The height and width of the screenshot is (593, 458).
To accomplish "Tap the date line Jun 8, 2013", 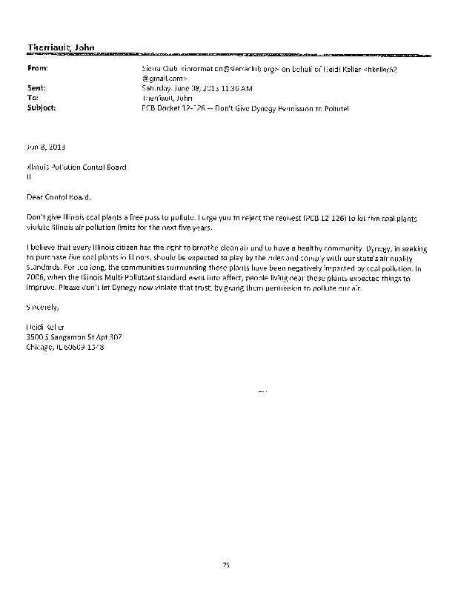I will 41,147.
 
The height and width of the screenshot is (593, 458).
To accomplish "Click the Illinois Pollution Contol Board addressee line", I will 76,168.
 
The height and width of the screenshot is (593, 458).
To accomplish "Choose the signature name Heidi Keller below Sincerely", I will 46,326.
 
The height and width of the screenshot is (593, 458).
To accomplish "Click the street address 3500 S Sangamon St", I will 64,336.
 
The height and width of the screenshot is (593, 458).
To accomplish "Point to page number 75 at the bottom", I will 227,566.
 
